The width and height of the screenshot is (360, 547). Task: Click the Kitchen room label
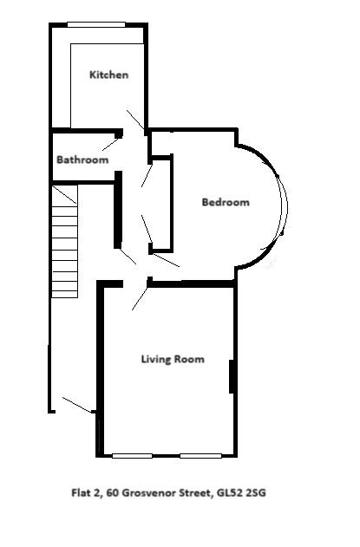point(108,75)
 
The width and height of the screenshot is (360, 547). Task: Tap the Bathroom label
point(82,160)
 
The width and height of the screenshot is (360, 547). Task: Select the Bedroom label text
point(226,203)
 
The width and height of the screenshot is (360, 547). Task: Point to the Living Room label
point(173,359)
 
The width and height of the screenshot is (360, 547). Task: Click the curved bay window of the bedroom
point(283,204)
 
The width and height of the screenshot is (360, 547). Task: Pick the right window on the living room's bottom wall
point(200,456)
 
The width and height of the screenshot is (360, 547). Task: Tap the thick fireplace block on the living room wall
point(232,376)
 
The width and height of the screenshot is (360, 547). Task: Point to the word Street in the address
point(195,495)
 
